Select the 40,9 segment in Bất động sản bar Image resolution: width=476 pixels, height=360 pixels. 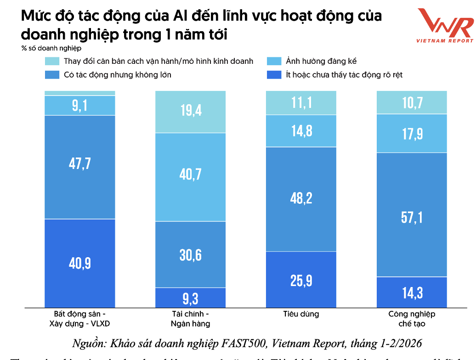coord(80,263)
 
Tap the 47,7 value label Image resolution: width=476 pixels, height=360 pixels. coord(80,164)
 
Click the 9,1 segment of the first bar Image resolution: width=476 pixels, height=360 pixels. coord(80,106)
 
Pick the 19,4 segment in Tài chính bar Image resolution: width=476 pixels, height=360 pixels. coord(191,112)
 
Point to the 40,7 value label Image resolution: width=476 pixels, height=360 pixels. coord(191,174)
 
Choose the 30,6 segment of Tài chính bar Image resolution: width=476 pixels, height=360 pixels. coord(191,254)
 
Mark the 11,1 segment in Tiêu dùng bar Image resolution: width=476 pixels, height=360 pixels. coord(301,102)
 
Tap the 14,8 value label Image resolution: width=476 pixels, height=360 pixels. coord(301,131)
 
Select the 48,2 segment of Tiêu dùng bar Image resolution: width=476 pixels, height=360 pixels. coord(301,199)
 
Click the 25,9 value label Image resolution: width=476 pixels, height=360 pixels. coord(301,280)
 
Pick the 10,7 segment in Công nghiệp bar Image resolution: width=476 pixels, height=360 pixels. coord(412,102)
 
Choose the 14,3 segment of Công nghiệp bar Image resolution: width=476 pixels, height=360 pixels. coord(412,292)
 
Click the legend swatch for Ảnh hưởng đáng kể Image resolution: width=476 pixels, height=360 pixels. coord(274,61)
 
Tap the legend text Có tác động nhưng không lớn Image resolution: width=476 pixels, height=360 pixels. coord(118,74)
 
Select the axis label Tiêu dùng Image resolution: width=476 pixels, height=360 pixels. coord(301,315)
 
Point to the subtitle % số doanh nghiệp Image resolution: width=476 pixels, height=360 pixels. coord(51,48)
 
